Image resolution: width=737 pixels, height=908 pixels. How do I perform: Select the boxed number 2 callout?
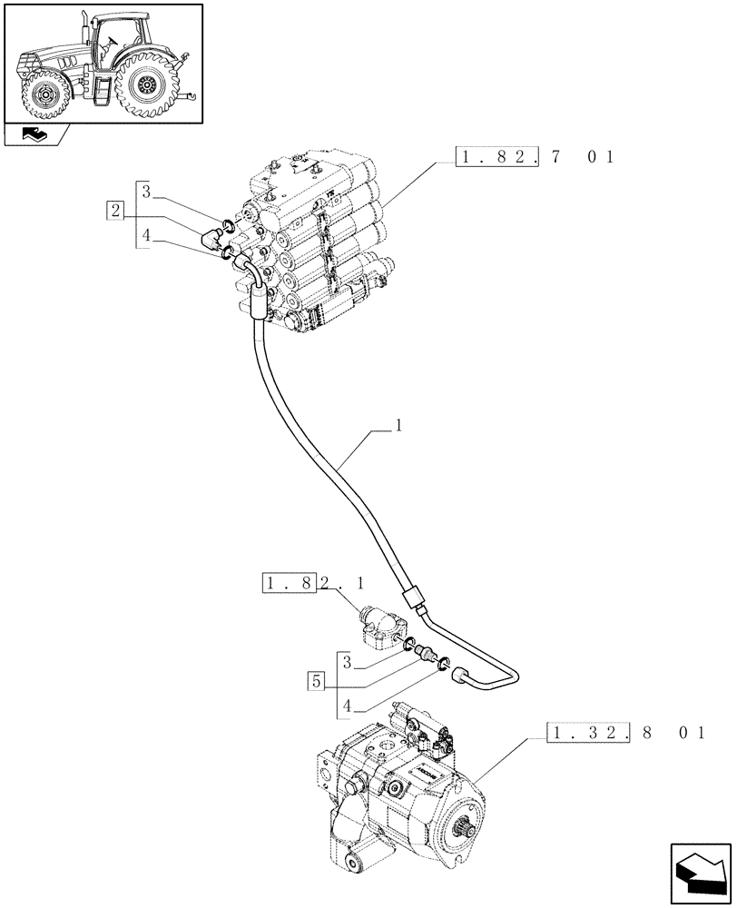coord(114,211)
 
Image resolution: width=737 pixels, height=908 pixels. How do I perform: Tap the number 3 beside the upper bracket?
coord(146,192)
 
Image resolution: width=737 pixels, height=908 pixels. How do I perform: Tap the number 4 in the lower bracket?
coord(349,705)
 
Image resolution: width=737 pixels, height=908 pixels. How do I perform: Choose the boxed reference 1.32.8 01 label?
coord(626,732)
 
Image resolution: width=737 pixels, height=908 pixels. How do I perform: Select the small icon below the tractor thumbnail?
coord(37,136)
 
